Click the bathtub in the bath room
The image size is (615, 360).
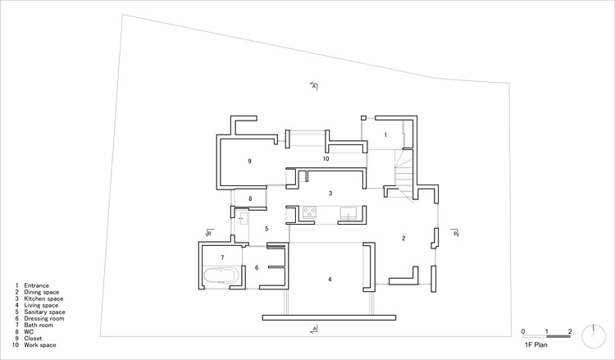point(221,276)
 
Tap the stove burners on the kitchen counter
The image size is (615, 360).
point(309,212)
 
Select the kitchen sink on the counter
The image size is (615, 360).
point(348,212)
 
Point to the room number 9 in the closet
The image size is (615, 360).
point(249,162)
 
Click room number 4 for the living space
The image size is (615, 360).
point(330,280)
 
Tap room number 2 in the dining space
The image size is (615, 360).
point(403,238)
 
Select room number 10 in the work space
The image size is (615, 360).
point(326,159)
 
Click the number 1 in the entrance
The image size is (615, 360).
point(385,135)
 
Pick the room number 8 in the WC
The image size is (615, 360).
point(250,198)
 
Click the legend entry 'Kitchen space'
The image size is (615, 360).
point(43,298)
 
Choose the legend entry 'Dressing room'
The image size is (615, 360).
point(44,318)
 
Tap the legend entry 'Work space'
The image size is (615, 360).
point(40,345)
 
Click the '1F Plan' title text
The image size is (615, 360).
point(536,345)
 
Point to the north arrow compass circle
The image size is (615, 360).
point(594,336)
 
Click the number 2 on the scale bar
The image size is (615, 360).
point(570,332)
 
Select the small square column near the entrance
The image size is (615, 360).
point(363,117)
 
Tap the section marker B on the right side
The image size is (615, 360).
point(455,233)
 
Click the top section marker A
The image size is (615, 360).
point(314,86)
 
